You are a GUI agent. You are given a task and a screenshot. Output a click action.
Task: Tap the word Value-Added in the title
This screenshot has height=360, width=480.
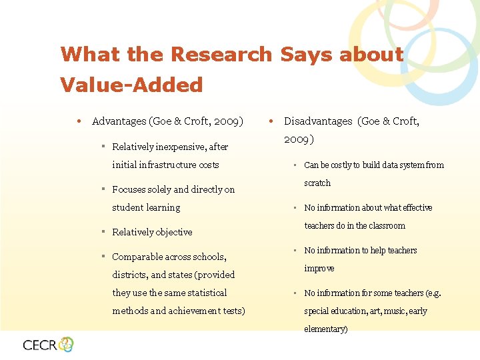[131, 85]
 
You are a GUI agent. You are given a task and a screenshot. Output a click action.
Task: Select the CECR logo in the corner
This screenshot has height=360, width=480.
[48, 344]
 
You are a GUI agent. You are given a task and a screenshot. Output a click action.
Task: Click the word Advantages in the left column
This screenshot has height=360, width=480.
[120, 121]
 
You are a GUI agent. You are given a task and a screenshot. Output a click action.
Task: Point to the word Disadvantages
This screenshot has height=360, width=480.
[318, 121]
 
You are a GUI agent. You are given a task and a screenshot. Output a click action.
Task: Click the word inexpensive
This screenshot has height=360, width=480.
[183, 147]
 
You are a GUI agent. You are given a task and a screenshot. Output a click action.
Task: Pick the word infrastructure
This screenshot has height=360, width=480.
[165, 165]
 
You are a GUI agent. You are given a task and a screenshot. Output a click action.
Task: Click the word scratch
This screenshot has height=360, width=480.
[317, 183]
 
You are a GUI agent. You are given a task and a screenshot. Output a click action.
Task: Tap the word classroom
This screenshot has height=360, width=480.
[386, 225]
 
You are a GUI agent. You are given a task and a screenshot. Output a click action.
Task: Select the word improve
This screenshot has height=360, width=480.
[319, 268]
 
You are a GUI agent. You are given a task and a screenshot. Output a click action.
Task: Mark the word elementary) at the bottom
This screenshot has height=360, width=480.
[325, 329]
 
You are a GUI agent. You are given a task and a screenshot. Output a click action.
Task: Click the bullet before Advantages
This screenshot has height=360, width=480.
[79, 121]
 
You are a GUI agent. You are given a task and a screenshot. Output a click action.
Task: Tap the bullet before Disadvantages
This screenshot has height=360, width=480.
[270, 121]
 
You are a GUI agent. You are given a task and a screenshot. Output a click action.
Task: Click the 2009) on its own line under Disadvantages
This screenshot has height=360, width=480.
[300, 141]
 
